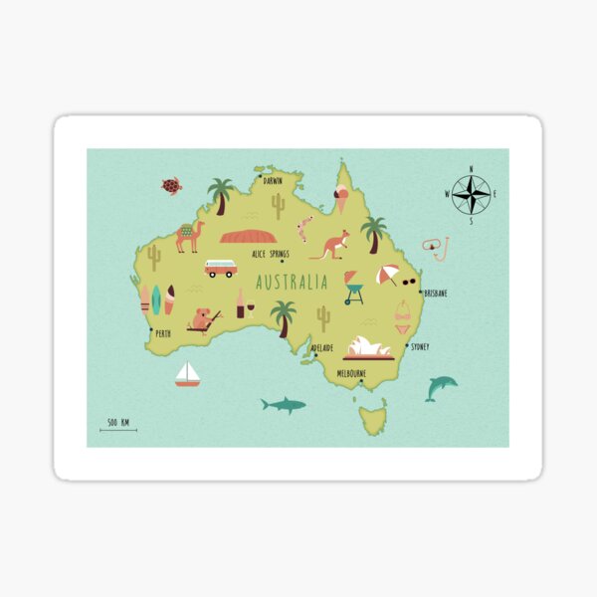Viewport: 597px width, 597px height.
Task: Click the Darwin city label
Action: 273,181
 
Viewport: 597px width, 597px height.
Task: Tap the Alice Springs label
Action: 271,254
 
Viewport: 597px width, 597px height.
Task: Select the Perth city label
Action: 163,334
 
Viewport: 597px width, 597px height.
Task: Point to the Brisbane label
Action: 435,294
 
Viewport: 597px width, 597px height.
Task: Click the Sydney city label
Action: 420,347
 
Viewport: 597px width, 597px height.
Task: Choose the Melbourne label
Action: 351,373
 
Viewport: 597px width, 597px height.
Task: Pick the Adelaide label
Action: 322,348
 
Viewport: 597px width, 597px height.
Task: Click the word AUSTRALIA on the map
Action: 292,283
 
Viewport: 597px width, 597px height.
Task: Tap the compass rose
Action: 471,194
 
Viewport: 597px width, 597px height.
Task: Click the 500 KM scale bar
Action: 118,426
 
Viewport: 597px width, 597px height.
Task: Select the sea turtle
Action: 172,186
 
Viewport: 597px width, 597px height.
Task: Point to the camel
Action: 189,236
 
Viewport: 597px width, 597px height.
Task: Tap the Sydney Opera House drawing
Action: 368,347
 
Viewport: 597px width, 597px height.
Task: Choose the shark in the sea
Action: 284,404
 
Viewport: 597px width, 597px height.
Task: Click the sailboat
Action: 187,374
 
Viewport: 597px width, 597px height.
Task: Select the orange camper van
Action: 220,269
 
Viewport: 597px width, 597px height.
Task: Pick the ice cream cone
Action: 342,199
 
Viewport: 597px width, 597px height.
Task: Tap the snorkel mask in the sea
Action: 435,246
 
